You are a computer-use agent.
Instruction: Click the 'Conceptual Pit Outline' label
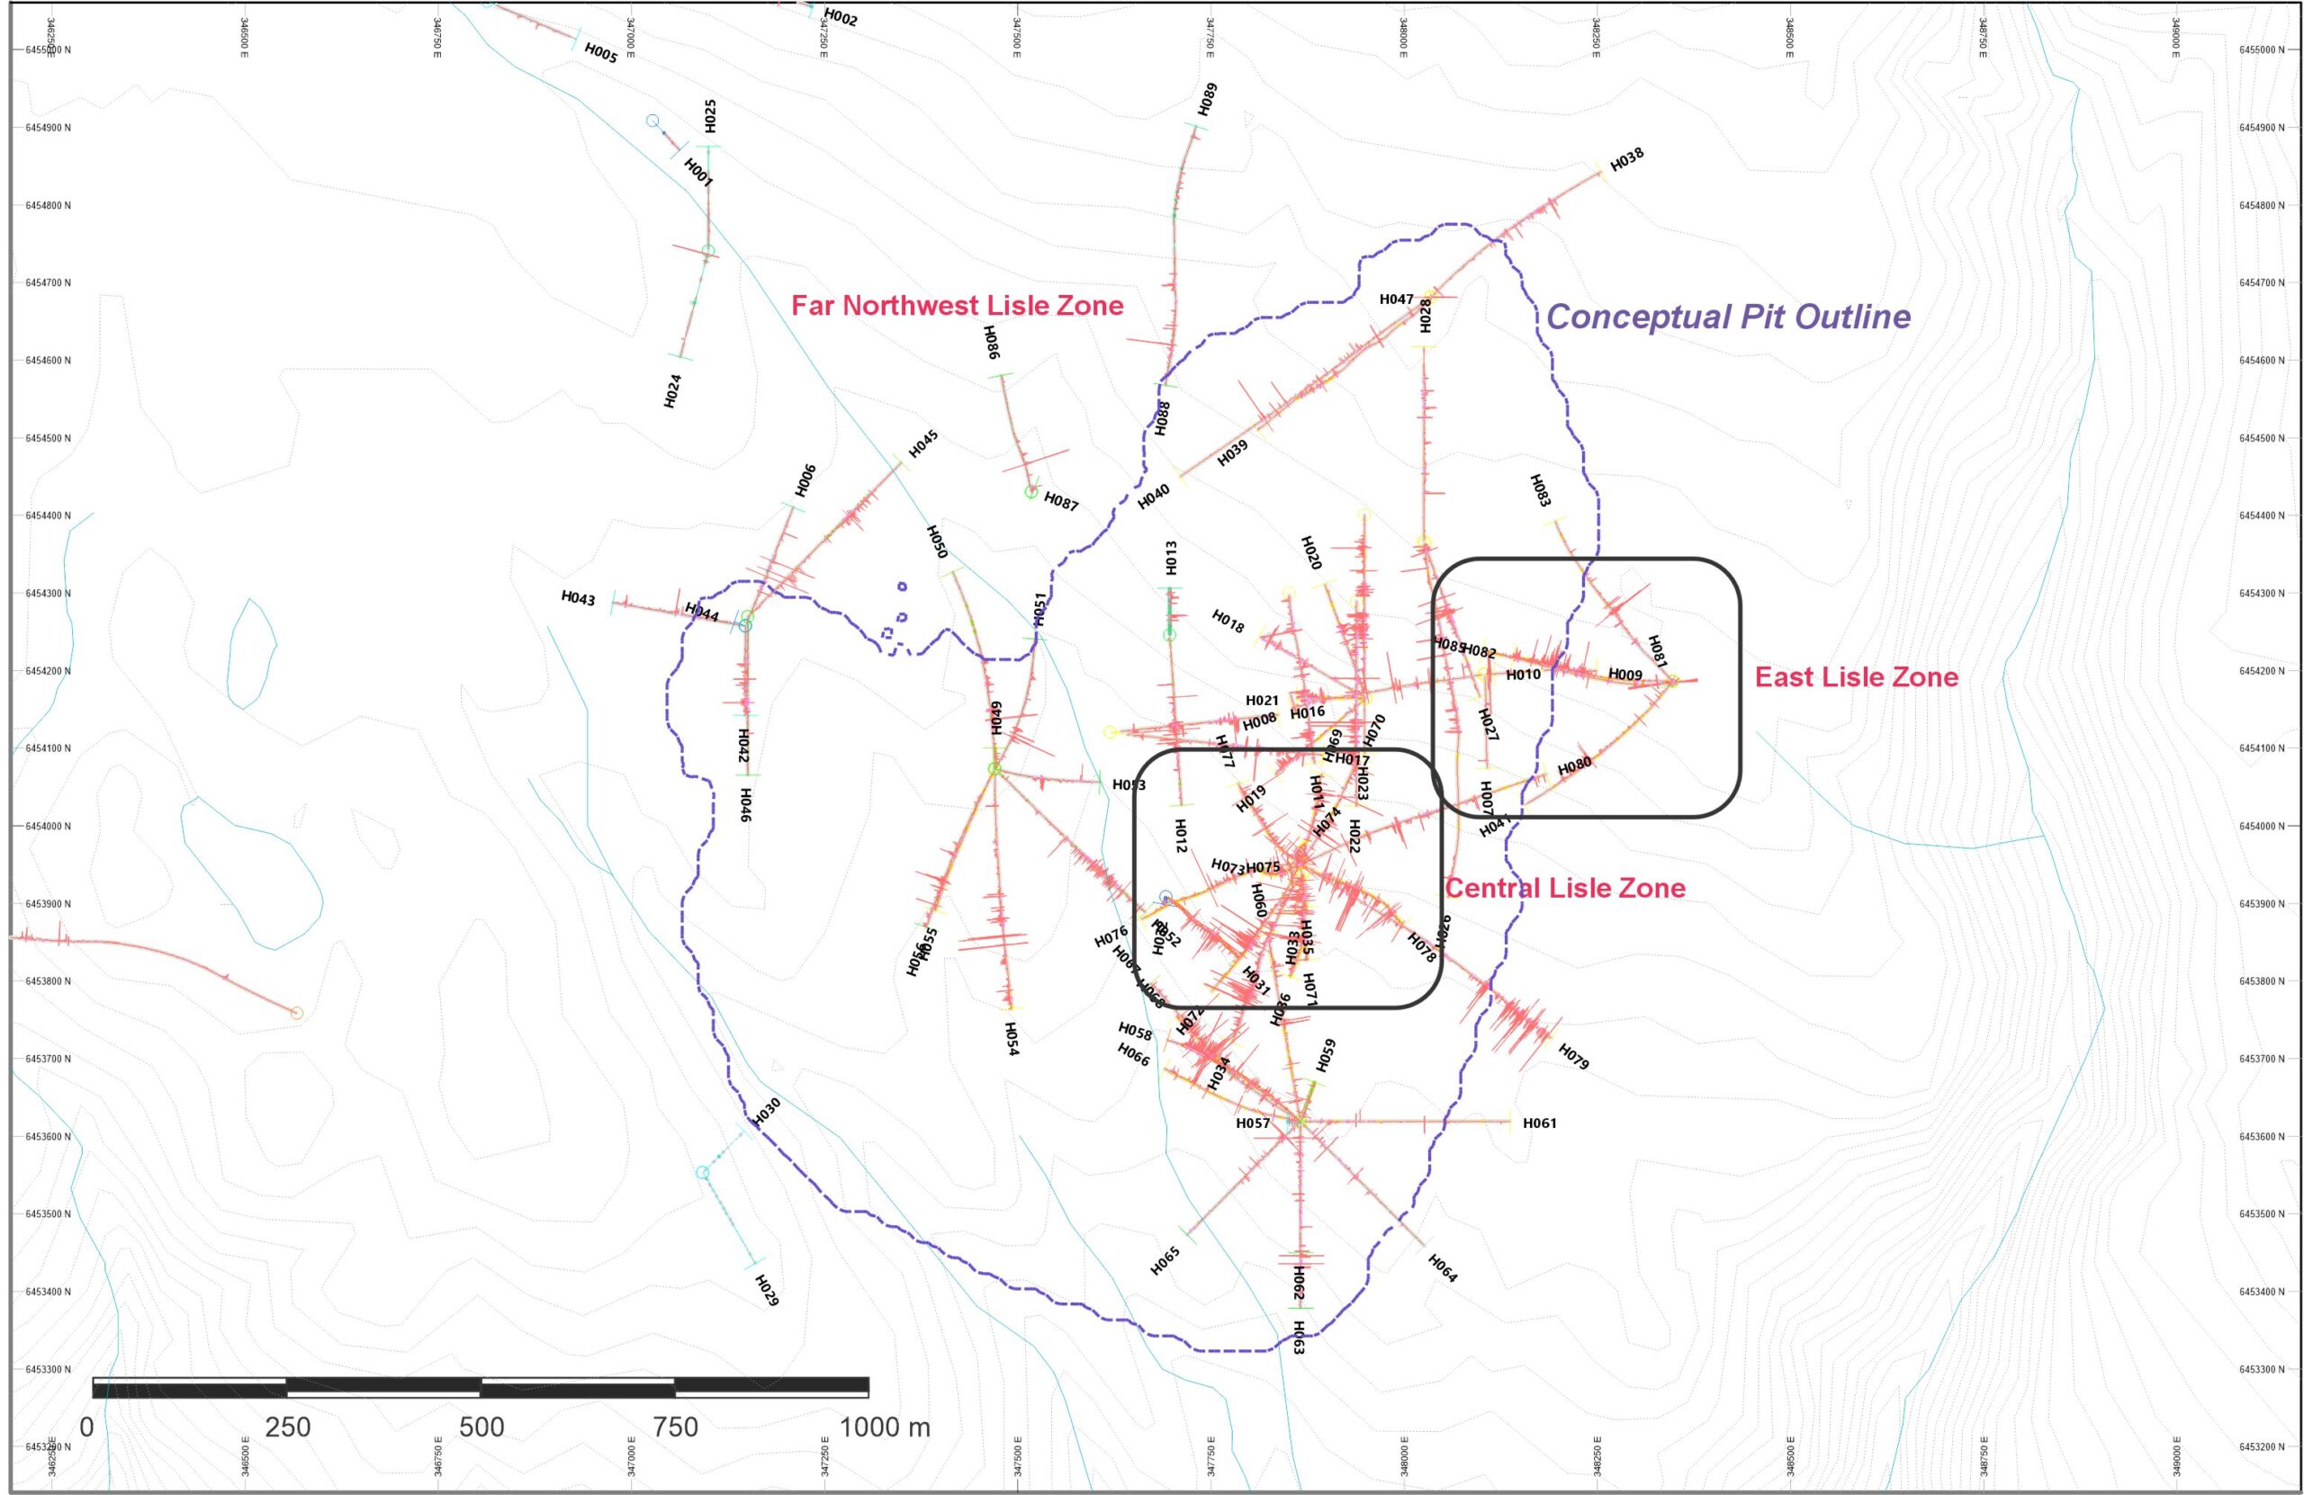1728,317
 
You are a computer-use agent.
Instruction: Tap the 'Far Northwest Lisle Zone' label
958,306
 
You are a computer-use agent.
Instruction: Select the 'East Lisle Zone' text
1857,677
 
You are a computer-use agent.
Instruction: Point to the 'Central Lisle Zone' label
1564,889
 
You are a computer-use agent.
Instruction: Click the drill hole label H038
1626,159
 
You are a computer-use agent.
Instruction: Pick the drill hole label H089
1207,100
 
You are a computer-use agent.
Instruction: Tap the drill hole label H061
1539,1123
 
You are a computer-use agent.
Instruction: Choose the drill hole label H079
1573,1057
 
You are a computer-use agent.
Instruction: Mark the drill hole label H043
578,598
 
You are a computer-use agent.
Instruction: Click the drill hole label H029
766,1290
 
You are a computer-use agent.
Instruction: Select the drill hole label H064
1443,1267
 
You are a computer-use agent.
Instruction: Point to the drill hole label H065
1165,1261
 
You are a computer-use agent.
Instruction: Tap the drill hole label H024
673,391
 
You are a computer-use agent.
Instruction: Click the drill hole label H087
1061,502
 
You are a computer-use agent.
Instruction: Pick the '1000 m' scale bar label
884,1428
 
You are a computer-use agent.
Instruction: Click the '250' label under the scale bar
287,1428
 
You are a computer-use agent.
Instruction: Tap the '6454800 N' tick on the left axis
48,206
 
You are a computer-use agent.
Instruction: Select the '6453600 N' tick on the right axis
2262,1137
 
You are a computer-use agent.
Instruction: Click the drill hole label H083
1540,490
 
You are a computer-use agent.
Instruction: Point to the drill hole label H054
1012,1038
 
